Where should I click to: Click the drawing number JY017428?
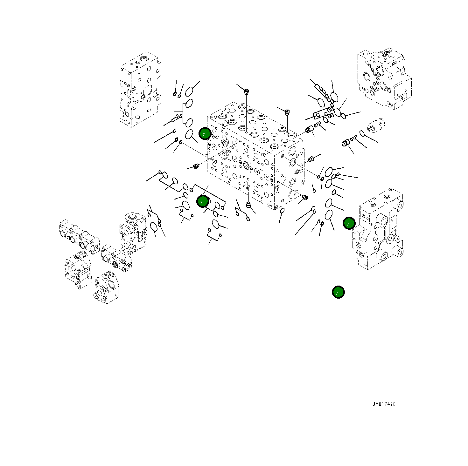coord(384,404)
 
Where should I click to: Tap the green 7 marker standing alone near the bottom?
coord(338,292)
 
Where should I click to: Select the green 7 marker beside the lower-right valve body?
coord(349,223)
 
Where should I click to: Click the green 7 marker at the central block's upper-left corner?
coord(205,134)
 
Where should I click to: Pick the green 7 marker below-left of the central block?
coord(203,201)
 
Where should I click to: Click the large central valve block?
coord(255,156)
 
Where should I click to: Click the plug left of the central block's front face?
coord(196,166)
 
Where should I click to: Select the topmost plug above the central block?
coord(246,92)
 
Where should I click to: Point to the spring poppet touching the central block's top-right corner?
coord(309,129)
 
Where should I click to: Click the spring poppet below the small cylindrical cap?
coord(346,143)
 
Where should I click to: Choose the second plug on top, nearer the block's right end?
coord(287,112)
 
